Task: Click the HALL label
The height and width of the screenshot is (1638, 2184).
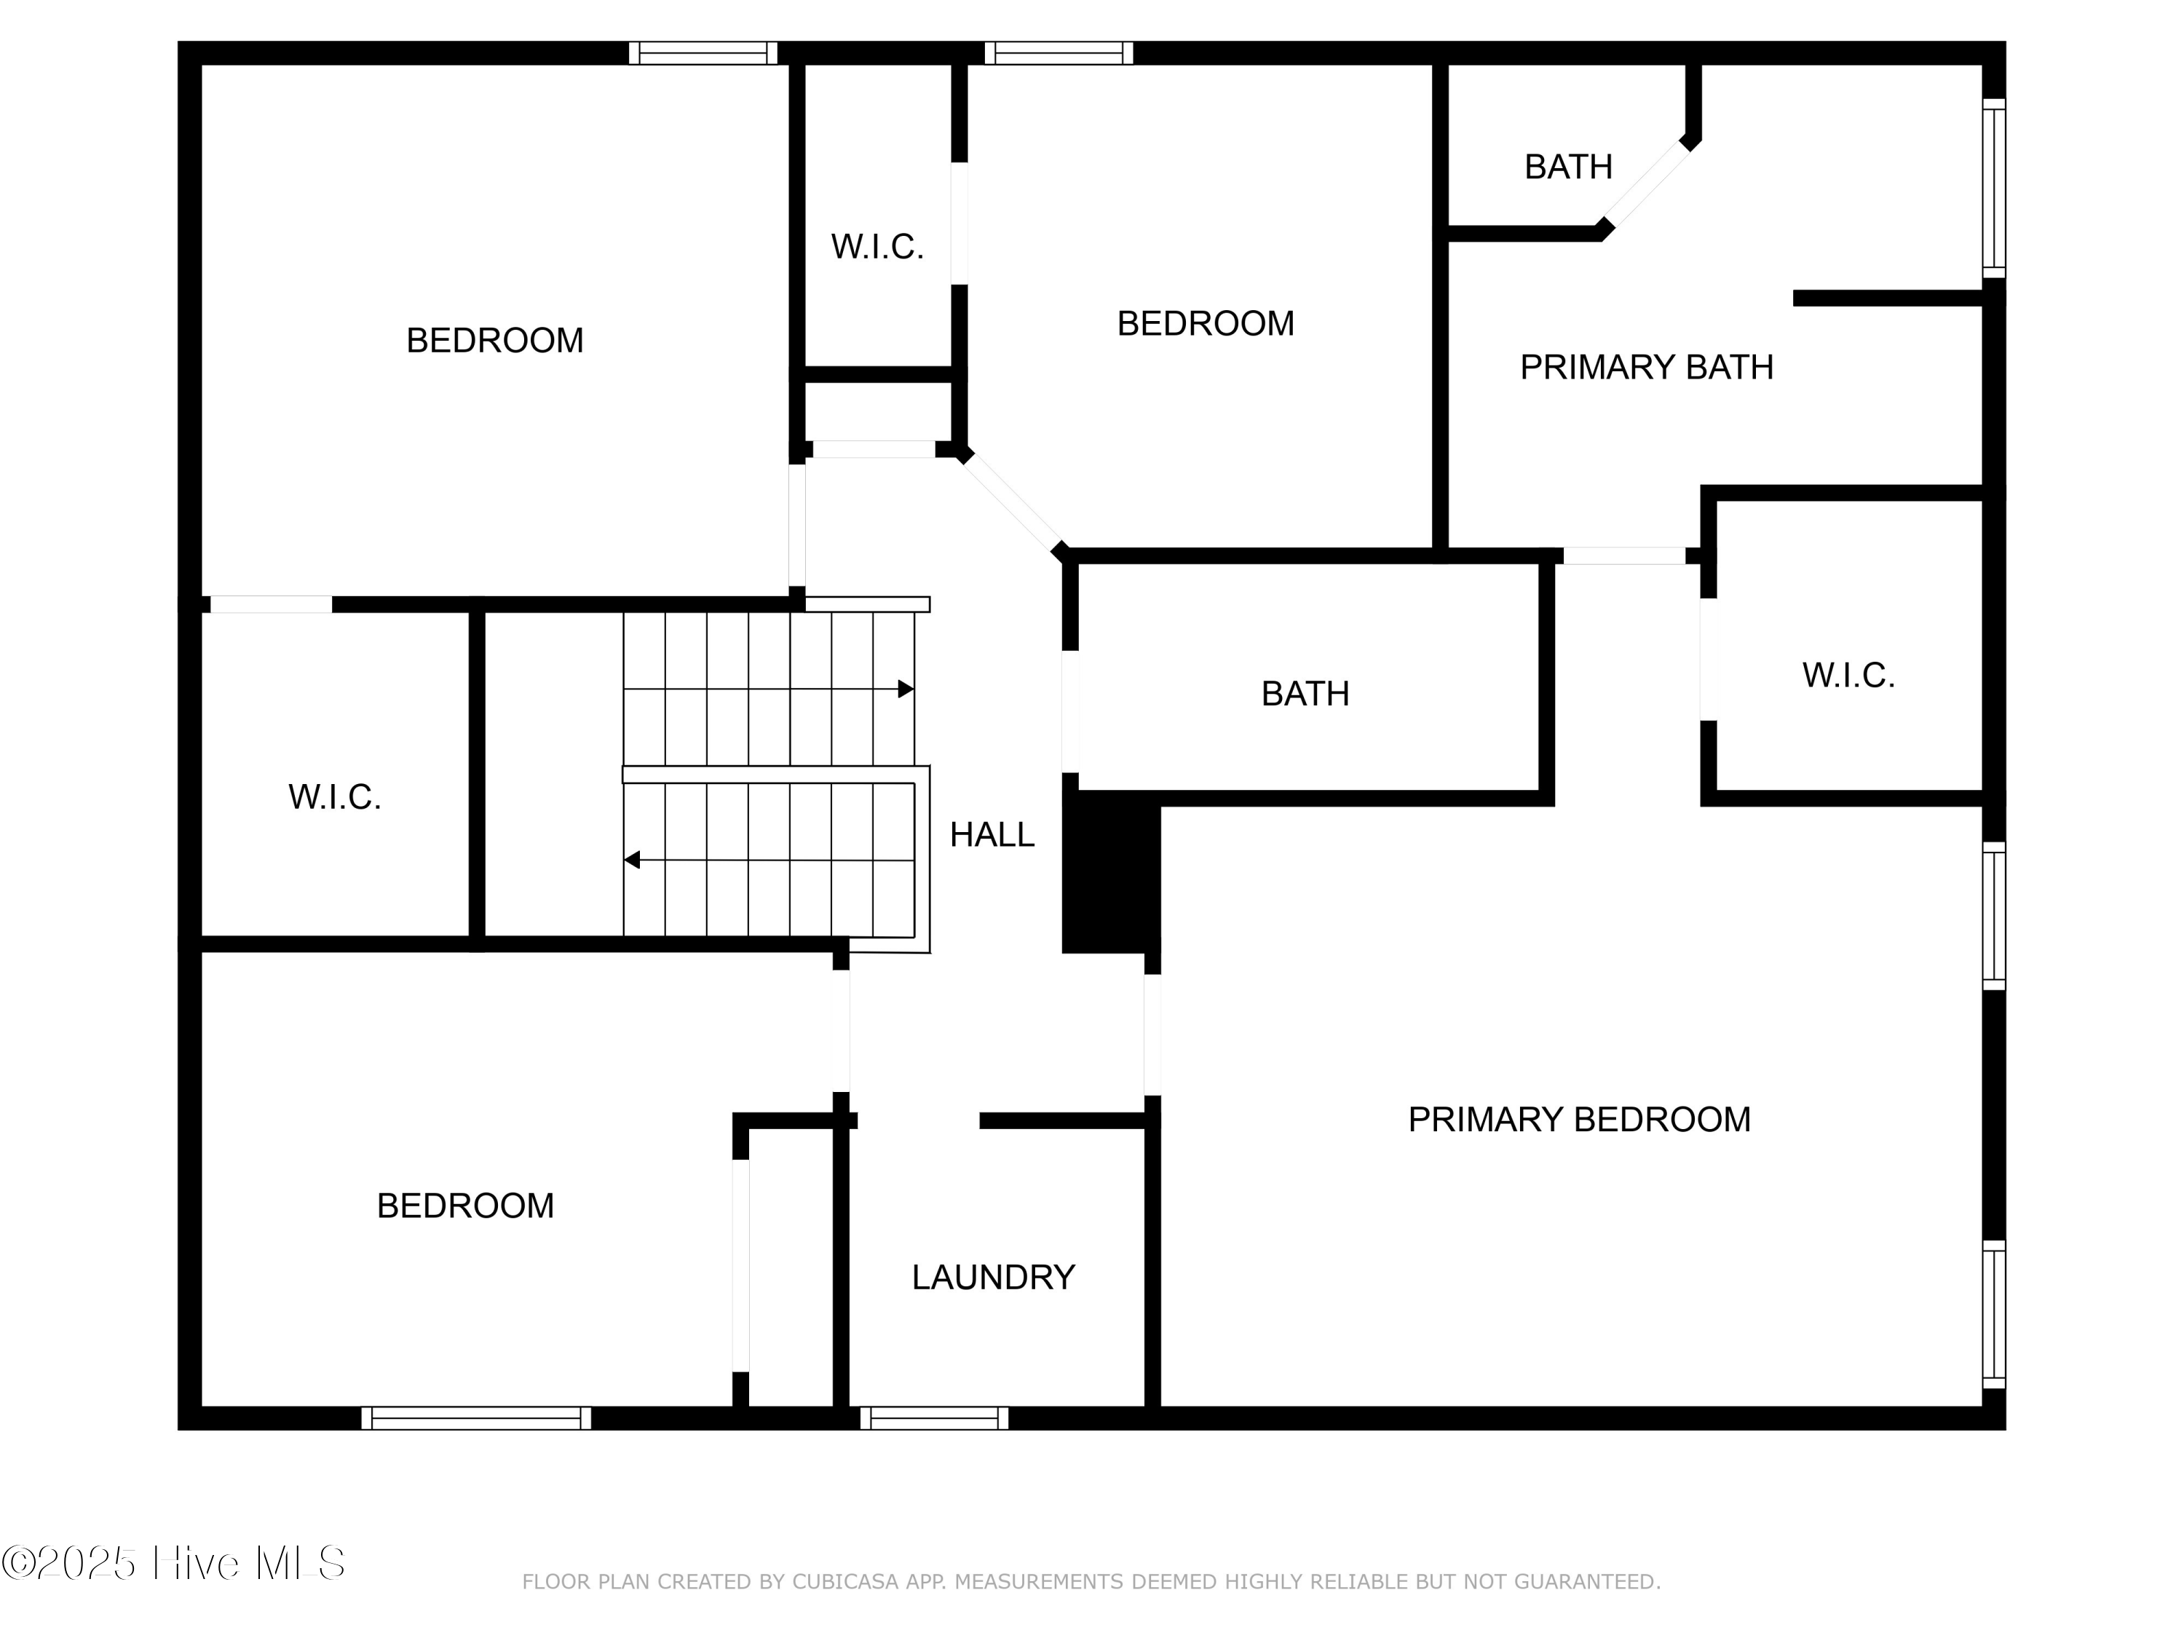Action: point(992,835)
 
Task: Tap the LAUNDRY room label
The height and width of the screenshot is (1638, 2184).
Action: point(992,1278)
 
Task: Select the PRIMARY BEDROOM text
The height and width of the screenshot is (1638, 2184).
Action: point(1579,1120)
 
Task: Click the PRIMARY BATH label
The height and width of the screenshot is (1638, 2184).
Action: point(1646,368)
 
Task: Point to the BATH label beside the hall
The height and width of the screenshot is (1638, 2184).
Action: point(1305,694)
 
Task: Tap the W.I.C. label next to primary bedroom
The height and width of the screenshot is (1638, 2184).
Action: point(1848,676)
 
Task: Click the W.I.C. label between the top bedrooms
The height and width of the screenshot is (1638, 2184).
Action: point(877,247)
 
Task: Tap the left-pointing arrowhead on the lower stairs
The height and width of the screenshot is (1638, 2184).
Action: point(632,860)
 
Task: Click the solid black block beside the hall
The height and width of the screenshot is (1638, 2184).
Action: point(1109,879)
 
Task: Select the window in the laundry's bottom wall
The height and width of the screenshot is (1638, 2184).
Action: point(934,1419)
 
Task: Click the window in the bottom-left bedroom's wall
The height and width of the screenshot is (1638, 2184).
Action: point(476,1419)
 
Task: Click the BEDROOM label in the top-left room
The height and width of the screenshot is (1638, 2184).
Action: point(494,341)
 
